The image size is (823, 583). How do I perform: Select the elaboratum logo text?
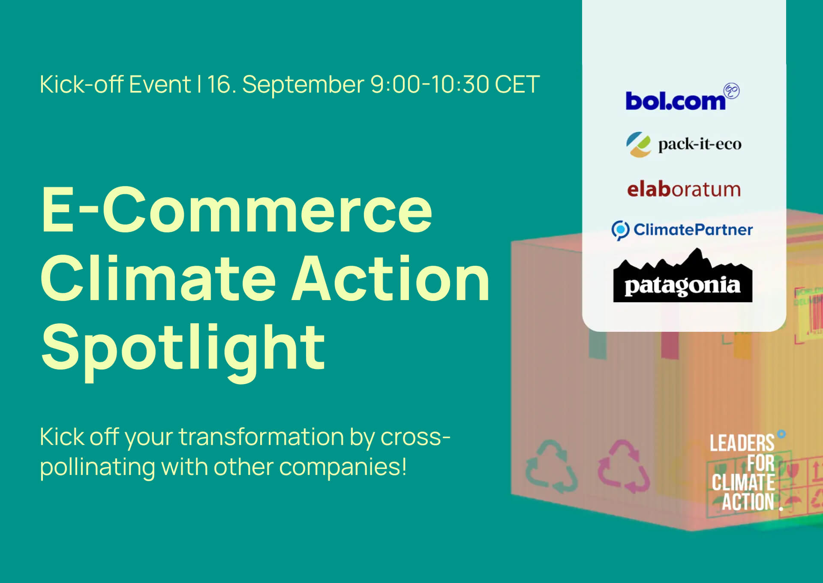(x=684, y=189)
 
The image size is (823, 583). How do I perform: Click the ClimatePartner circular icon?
(x=620, y=230)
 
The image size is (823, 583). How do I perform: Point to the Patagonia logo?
(x=682, y=275)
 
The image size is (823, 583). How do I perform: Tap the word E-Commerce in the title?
(x=237, y=210)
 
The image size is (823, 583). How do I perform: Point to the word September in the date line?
(x=303, y=85)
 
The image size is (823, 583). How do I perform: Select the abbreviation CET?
(x=517, y=84)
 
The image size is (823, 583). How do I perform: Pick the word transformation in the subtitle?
(x=261, y=437)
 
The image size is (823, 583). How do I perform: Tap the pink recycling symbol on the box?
(x=624, y=466)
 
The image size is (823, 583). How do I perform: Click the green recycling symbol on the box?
(x=552, y=466)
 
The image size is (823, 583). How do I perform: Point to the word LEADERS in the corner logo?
(x=742, y=443)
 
